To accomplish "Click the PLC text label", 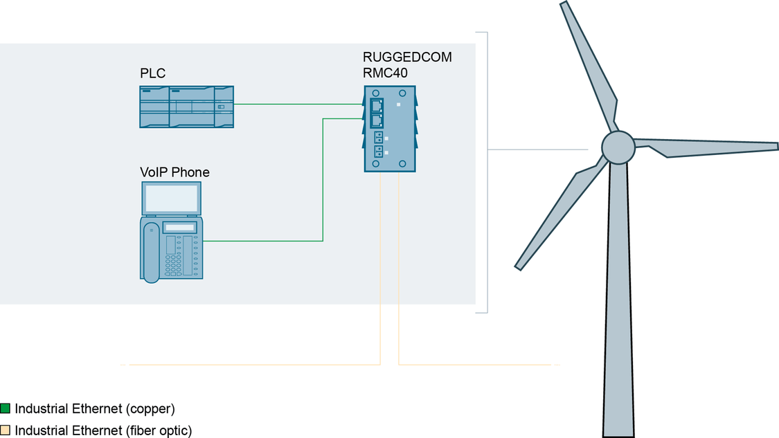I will (x=152, y=73).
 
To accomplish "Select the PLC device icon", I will (x=186, y=107).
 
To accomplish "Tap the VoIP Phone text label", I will (x=174, y=172).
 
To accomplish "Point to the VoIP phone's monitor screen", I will (x=172, y=199).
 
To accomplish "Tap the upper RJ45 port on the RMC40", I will (x=377, y=105).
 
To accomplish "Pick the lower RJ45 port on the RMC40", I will (x=377, y=120).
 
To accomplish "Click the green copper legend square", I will (x=6, y=408).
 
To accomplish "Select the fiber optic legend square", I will (x=6, y=430).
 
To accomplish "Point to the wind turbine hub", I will (x=617, y=146).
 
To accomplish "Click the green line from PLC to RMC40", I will (x=298, y=104).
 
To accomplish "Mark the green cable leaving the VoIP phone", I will (x=263, y=241).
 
